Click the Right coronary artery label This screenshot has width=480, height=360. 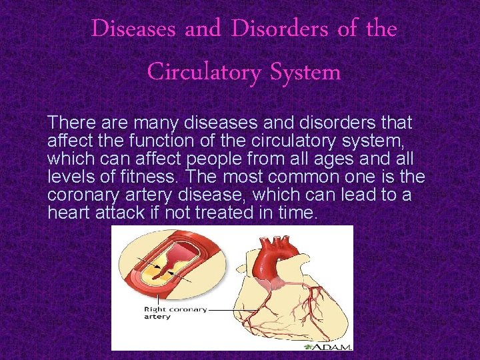tap(175, 313)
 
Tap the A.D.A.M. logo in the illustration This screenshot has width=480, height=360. tap(328, 345)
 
